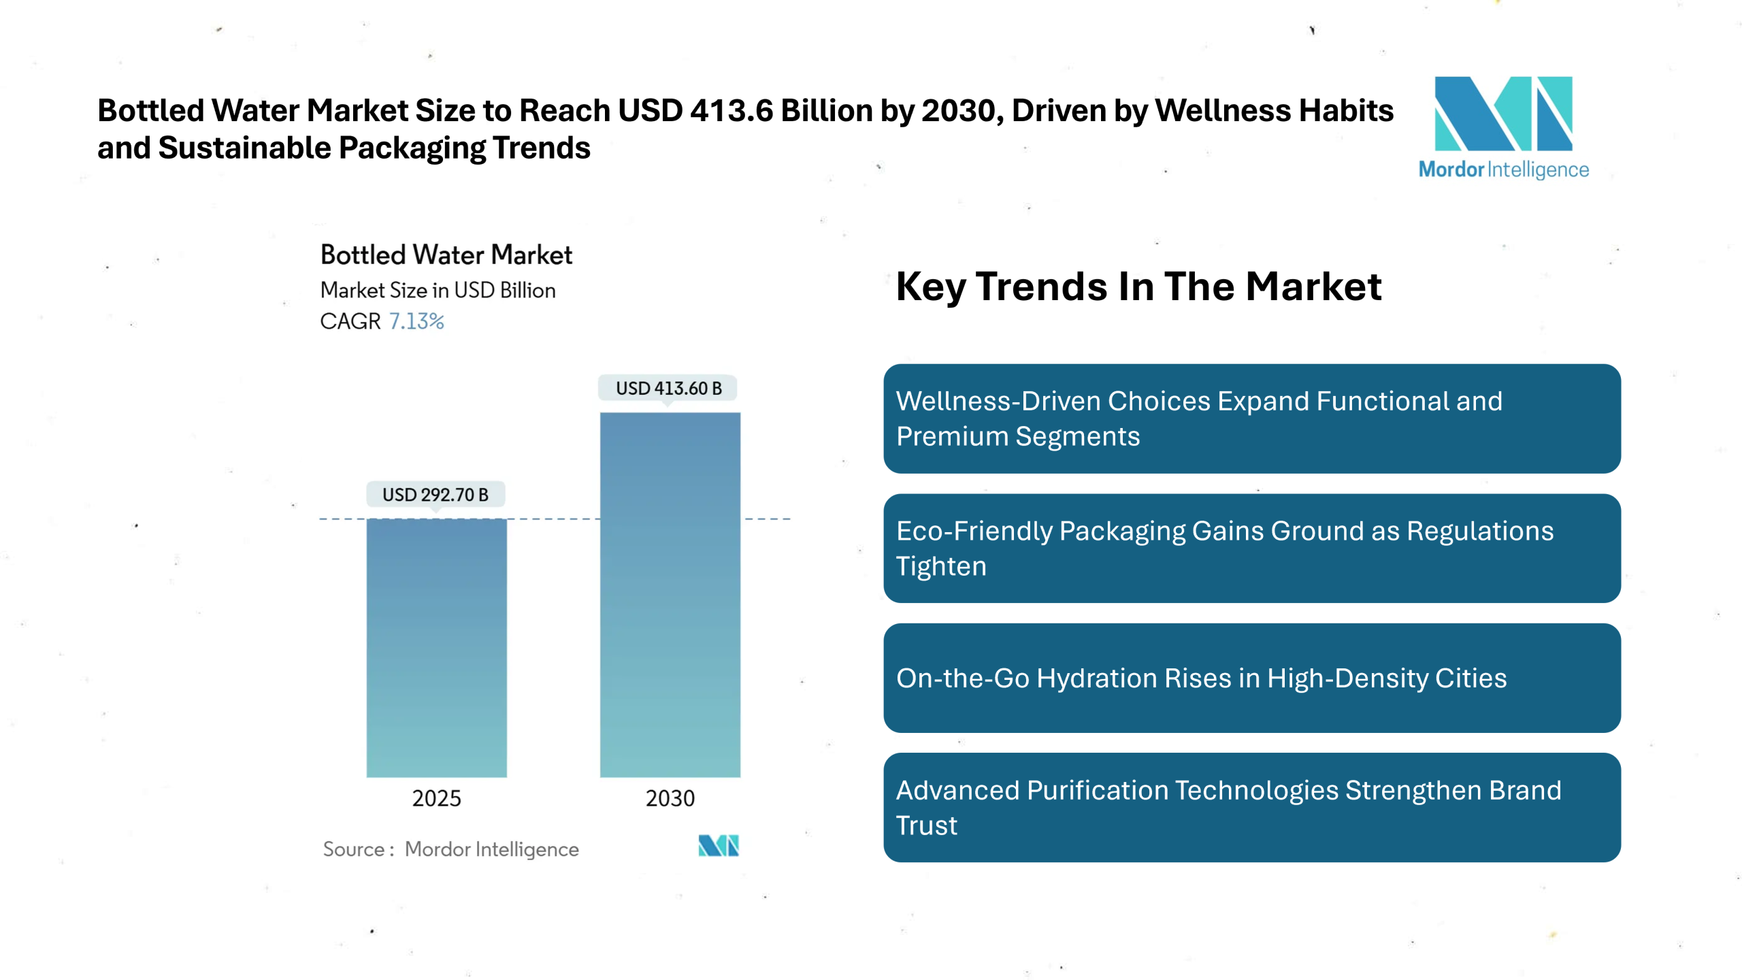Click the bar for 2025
coord(436,647)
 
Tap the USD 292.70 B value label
coord(435,495)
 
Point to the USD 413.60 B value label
coord(668,389)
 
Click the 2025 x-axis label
coord(436,798)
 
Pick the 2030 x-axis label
coord(670,798)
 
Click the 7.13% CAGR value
coord(416,321)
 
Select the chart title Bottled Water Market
coord(446,255)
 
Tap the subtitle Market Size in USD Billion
coord(438,291)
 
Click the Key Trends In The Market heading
coord(1138,287)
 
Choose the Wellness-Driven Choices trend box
coord(1251,419)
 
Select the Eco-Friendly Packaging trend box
coord(1251,549)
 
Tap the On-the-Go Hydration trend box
coord(1251,678)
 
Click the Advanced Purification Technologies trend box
coord(1251,807)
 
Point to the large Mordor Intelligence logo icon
coord(1502,114)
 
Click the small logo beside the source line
coord(718,846)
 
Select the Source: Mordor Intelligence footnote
coord(450,849)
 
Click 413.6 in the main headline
coord(731,111)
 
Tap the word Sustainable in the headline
coord(245,148)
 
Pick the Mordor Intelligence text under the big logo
coord(1503,169)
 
